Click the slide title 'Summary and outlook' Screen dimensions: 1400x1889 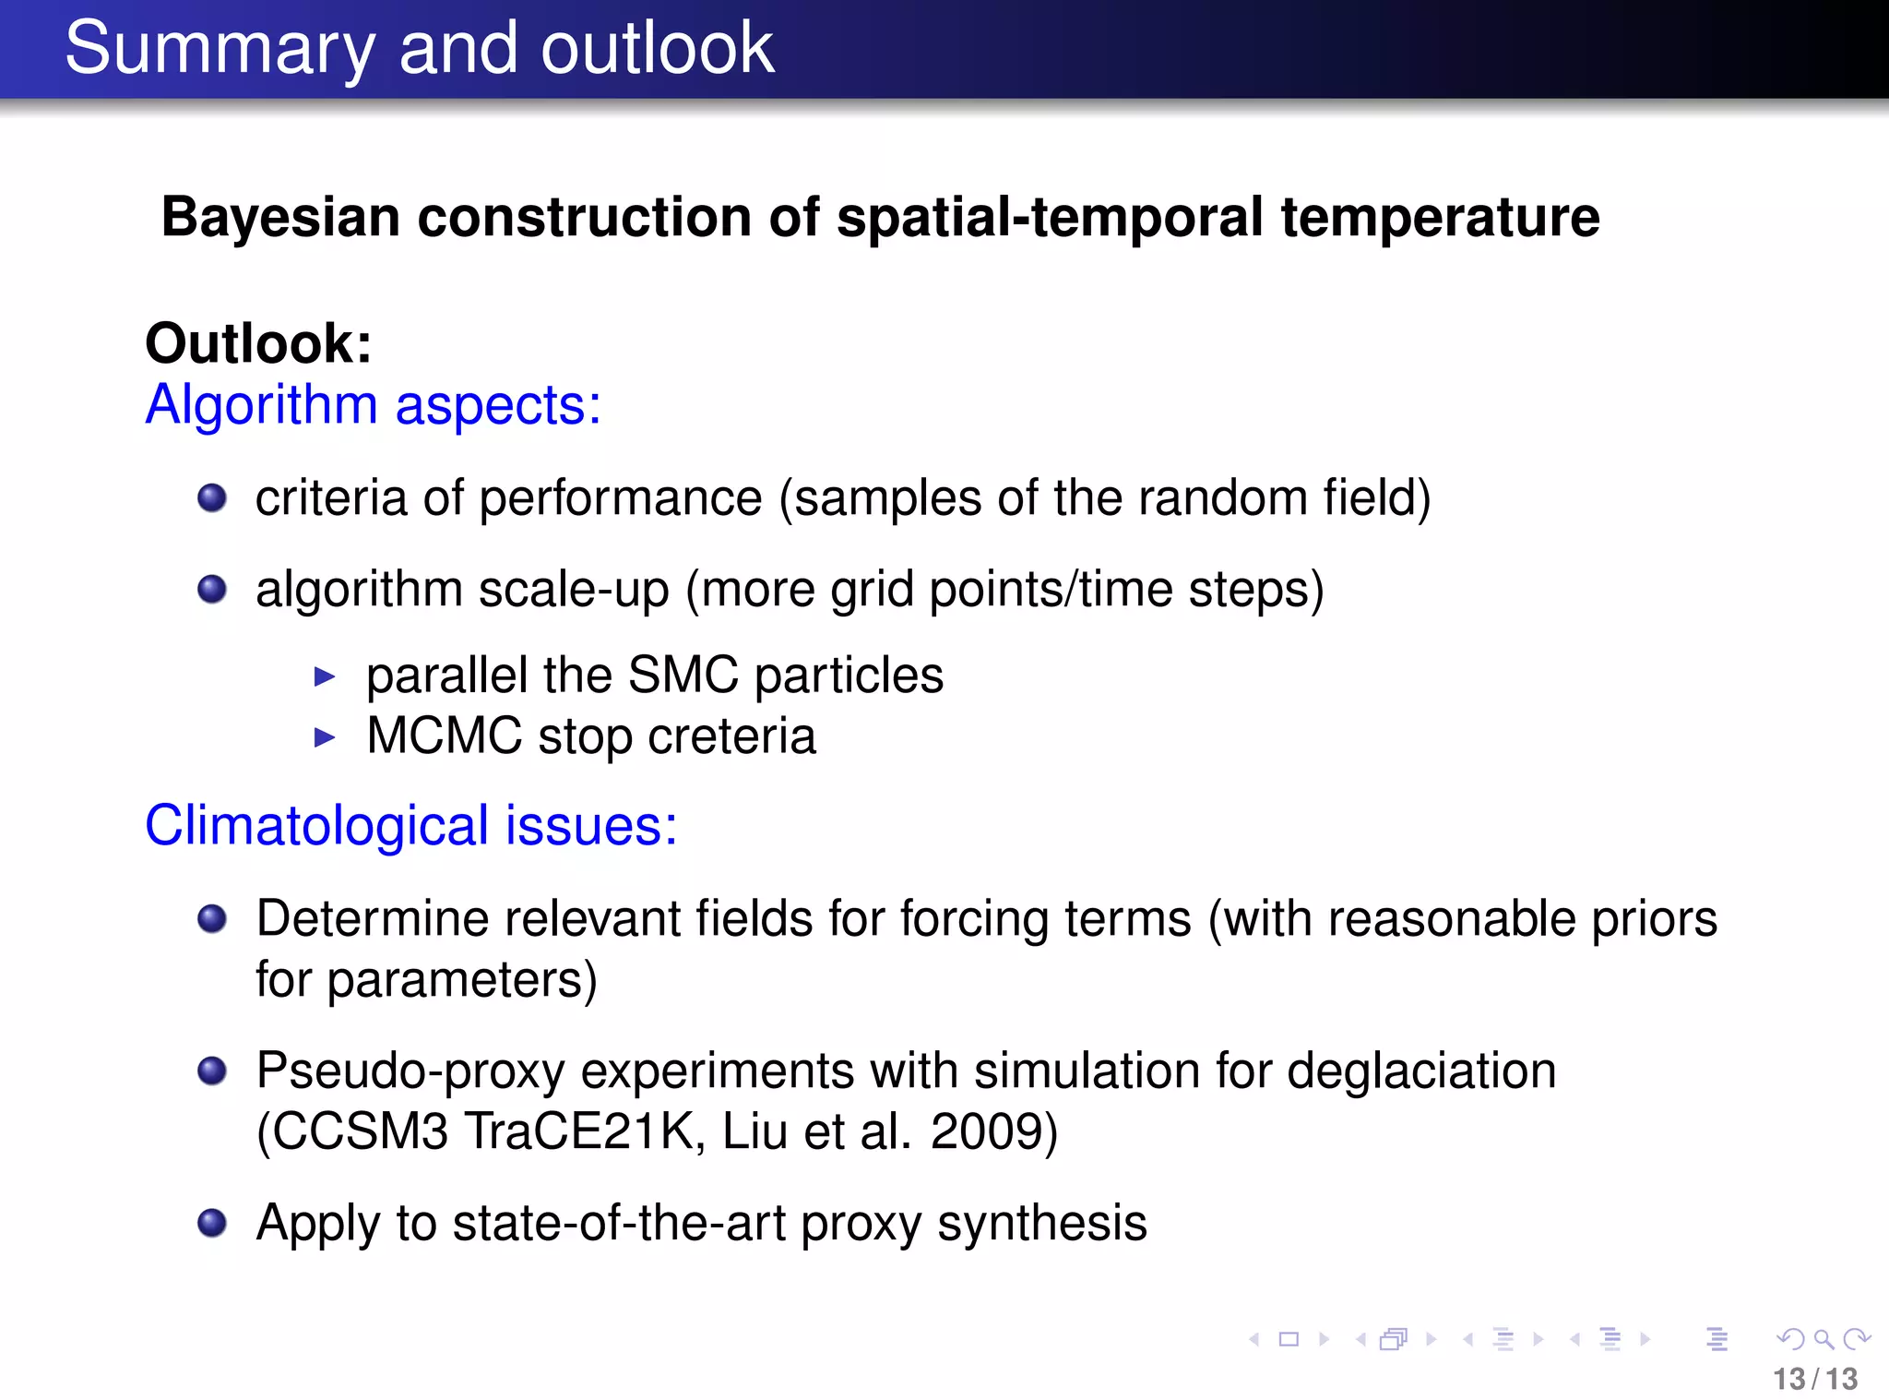pyautogui.click(x=419, y=48)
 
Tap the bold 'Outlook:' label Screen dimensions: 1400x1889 pyautogui.click(x=258, y=343)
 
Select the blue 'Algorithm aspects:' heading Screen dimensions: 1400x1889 pyautogui.click(x=373, y=405)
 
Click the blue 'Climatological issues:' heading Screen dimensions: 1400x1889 pyautogui.click(x=410, y=825)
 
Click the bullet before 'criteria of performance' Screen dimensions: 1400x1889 pyautogui.click(x=212, y=498)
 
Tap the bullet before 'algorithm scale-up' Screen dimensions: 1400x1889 pyautogui.click(x=212, y=589)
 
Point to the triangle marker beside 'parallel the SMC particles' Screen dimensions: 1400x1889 pyautogui.click(x=324, y=676)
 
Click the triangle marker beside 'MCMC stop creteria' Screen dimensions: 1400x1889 pyautogui.click(x=324, y=737)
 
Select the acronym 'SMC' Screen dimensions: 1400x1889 pyautogui.click(x=683, y=675)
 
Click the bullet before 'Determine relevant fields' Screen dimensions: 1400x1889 pyautogui.click(x=212, y=918)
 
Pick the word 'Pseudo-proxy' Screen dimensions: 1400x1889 pyautogui.click(x=410, y=1071)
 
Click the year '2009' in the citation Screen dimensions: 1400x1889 pyautogui.click(x=984, y=1131)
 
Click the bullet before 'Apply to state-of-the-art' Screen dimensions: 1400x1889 pyautogui.click(x=212, y=1223)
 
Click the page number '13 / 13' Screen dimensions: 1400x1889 pyautogui.click(x=1814, y=1379)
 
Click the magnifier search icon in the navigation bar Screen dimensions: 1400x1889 pyautogui.click(x=1823, y=1338)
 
